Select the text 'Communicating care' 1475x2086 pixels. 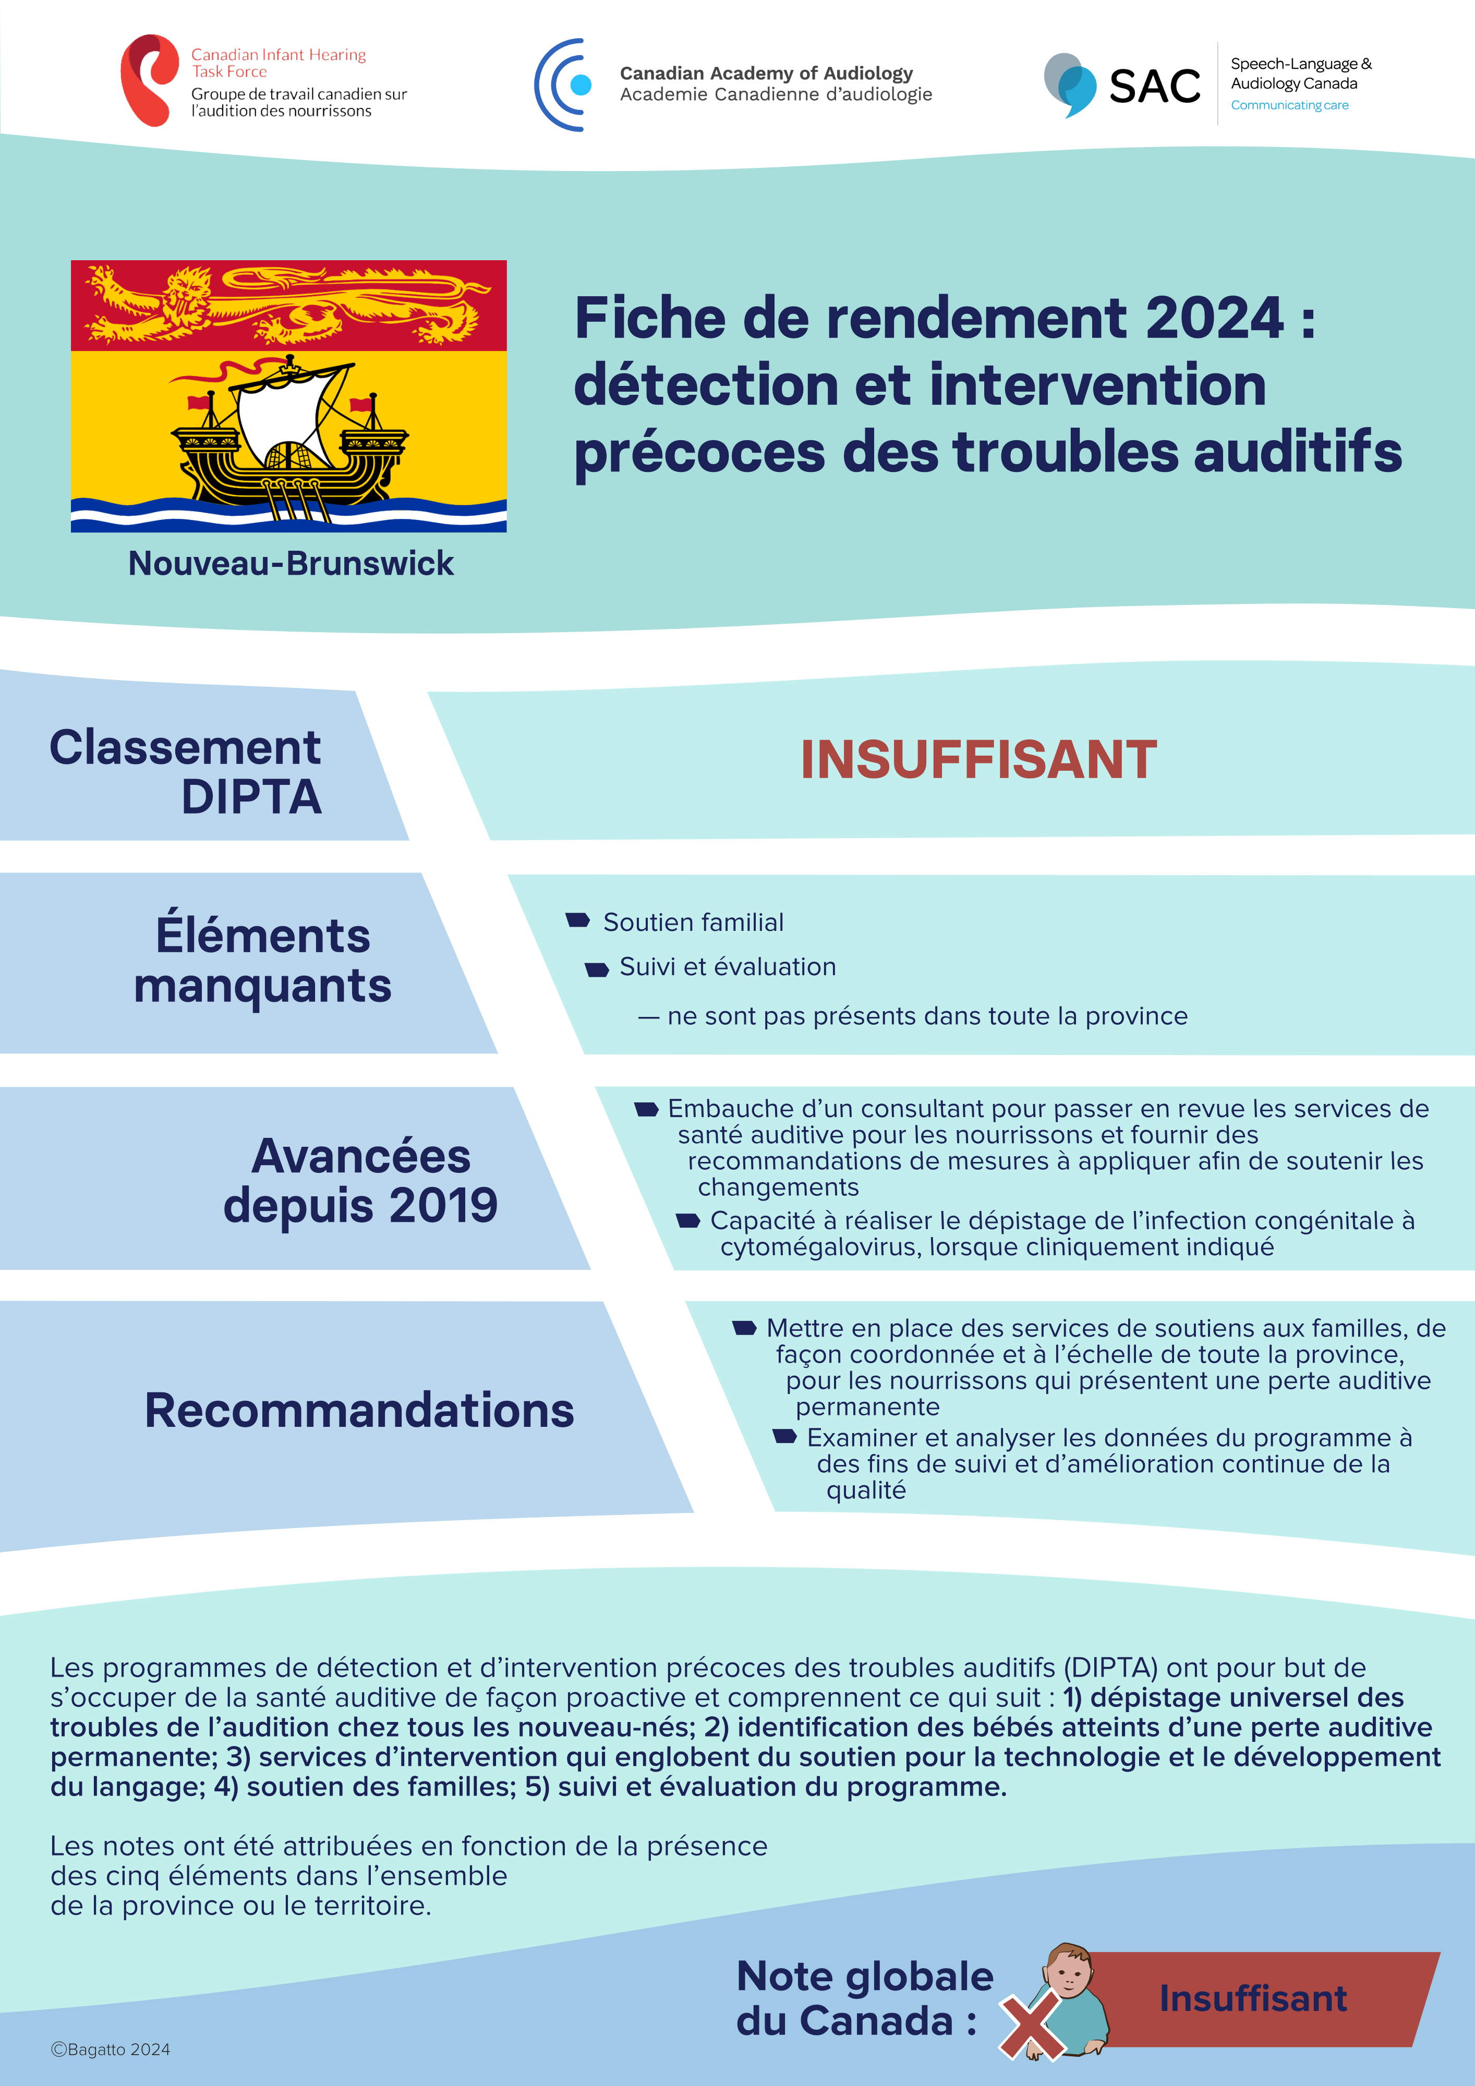(x=1290, y=105)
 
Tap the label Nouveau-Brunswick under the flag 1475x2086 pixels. (x=291, y=563)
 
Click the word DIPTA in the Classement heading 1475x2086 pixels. (x=252, y=797)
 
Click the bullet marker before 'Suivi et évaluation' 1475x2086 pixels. (x=597, y=969)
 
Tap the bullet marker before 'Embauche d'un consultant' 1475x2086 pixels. (x=646, y=1109)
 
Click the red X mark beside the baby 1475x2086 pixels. (x=1033, y=2025)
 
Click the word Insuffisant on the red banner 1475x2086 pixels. (x=1252, y=1999)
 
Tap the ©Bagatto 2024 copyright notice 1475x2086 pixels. (x=110, y=2049)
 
